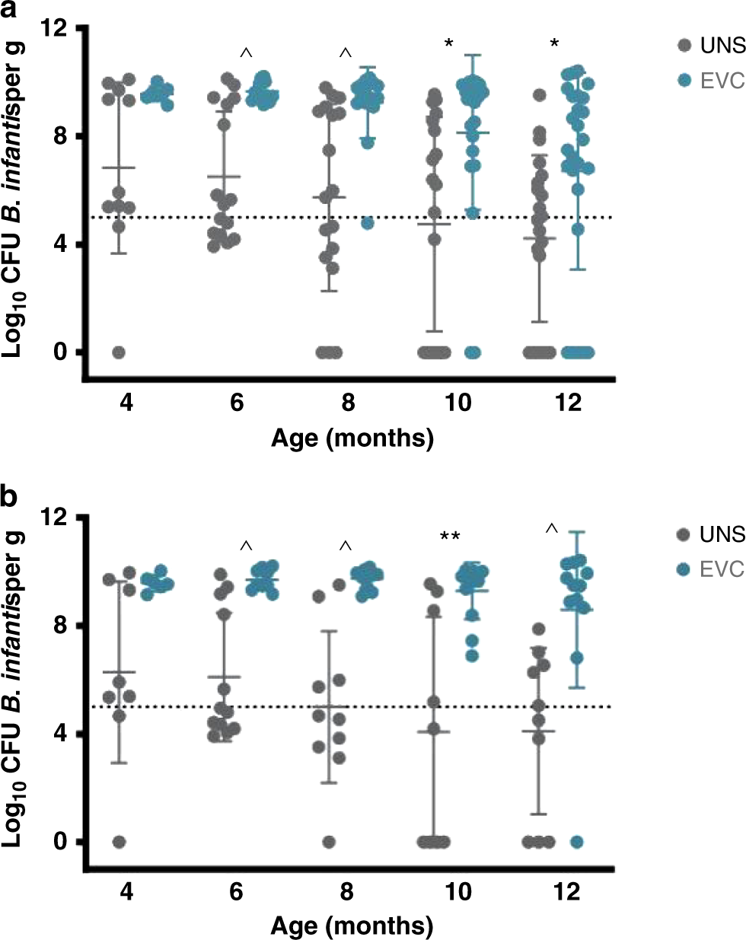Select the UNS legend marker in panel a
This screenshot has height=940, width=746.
click(x=684, y=46)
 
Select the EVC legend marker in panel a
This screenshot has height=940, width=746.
click(x=684, y=79)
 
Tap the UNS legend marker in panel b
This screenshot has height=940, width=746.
click(x=684, y=535)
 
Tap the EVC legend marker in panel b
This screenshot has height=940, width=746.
click(x=684, y=569)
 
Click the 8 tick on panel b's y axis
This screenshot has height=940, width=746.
click(x=67, y=626)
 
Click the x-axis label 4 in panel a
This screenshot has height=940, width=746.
click(x=126, y=403)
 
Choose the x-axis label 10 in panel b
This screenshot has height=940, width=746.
click(x=458, y=892)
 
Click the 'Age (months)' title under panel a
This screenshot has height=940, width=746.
click(x=352, y=438)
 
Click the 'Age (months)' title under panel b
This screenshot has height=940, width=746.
click(x=352, y=926)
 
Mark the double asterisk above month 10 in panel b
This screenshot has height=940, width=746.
click(x=449, y=537)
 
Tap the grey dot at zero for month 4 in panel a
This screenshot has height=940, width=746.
click(x=119, y=352)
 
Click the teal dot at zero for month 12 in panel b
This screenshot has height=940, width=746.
click(x=577, y=842)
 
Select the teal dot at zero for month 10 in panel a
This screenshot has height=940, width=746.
click(x=472, y=352)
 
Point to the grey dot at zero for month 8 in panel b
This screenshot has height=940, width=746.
click(x=329, y=842)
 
